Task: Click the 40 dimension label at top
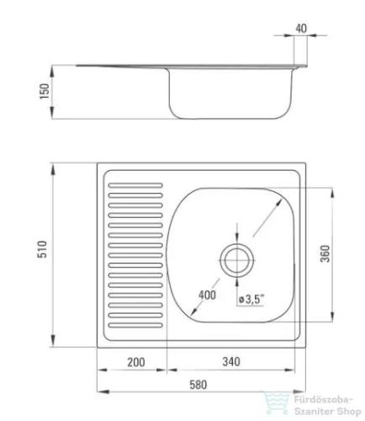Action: coord(301,29)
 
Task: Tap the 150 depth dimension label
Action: coord(45,91)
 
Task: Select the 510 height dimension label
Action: coord(42,249)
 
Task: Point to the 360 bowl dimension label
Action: coord(325,253)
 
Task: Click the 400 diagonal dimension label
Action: coord(207,295)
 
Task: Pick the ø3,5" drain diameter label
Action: coord(251,299)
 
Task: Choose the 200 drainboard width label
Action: coord(136,362)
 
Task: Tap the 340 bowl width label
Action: coord(231,361)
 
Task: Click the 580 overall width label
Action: coord(198,385)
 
